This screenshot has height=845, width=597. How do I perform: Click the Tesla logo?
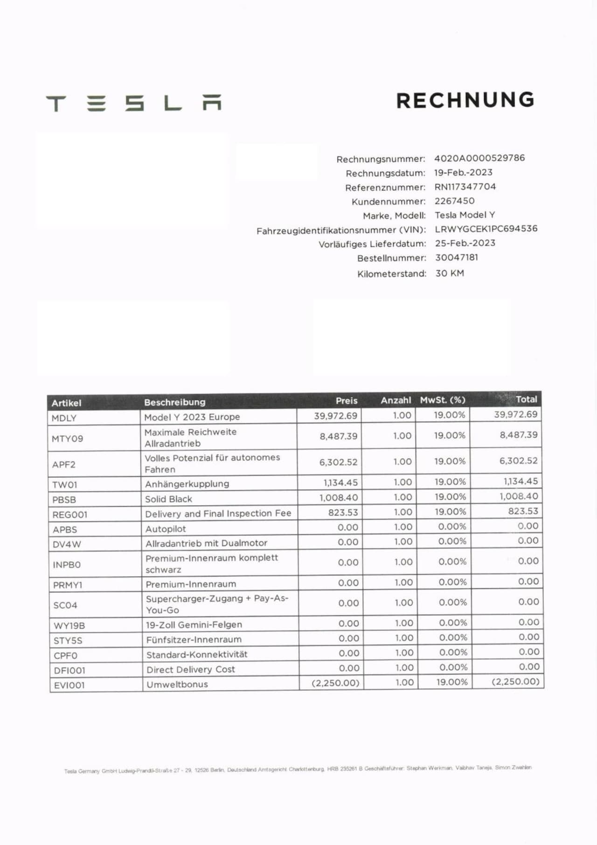pos(134,103)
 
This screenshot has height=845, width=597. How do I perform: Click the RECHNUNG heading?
pos(465,100)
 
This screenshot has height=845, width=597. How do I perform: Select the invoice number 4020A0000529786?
pos(479,158)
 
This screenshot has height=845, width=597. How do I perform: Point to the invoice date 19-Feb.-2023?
pos(463,173)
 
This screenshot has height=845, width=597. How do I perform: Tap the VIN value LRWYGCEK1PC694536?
pos(486,229)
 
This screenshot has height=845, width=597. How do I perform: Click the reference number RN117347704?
pos(465,187)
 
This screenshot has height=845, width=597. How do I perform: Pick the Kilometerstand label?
pos(391,274)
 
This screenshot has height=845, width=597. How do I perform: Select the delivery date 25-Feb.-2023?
pos(465,243)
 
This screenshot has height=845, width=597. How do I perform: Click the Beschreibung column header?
pos(174,402)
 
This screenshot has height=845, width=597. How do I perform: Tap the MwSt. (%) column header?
pos(442,400)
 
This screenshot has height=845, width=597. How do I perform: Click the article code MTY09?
pos(67,439)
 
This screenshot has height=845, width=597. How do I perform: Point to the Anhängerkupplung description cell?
pos(187,484)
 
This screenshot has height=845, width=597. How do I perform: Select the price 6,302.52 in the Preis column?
pos(338,462)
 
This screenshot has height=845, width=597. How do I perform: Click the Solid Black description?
pos(168,499)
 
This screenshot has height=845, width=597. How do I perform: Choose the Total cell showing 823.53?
pos(523,511)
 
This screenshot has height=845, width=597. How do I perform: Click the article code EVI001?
pos(69,685)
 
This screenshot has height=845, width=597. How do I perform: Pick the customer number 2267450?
pos(454,201)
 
